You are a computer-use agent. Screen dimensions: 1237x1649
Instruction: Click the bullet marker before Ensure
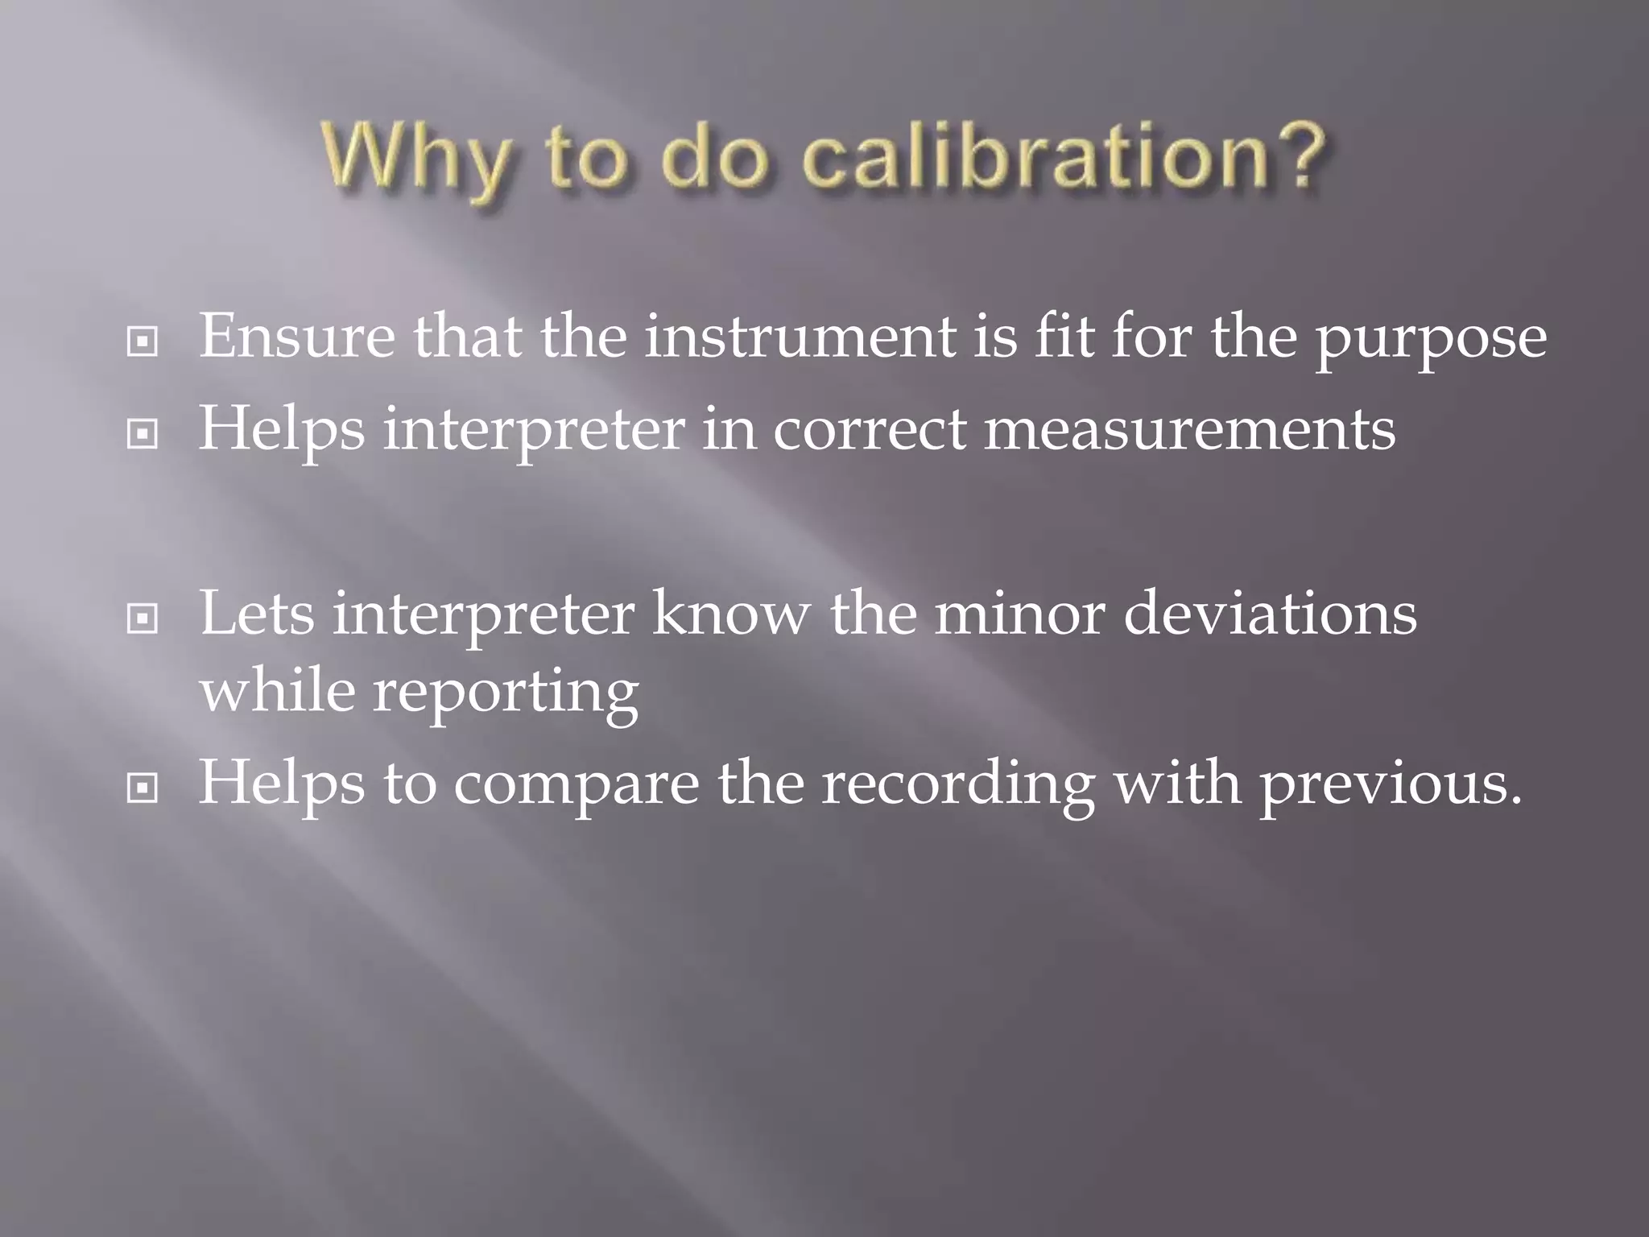tap(143, 342)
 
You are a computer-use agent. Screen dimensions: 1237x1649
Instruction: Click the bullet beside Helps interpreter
tap(143, 435)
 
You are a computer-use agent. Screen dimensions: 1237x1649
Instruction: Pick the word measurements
tap(1190, 430)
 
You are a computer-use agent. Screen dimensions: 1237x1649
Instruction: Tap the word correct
tap(870, 430)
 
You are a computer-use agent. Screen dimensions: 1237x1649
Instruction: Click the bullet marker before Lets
tap(143, 618)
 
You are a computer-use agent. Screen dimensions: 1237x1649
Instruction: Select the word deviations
tap(1270, 614)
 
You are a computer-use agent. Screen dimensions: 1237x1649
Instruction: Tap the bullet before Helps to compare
tap(143, 788)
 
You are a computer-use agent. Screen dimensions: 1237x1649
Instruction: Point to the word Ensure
tap(297, 337)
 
